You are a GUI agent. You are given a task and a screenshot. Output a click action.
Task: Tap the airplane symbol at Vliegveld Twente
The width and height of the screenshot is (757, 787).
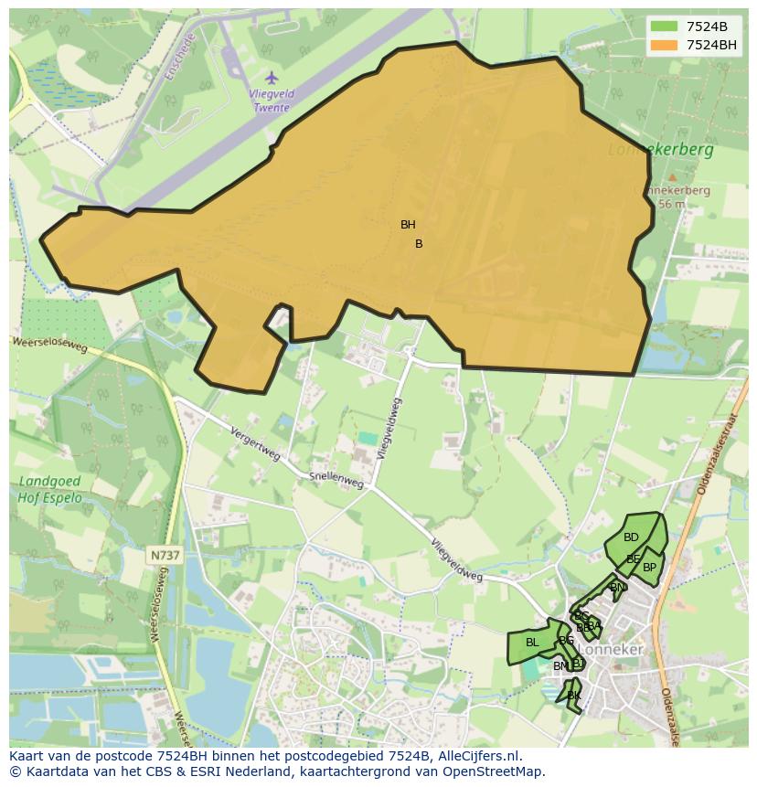pos(271,77)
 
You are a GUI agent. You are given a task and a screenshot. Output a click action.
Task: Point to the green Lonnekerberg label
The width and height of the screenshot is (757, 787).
pos(661,148)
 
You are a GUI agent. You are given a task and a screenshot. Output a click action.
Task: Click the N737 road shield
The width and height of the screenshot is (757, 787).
pos(165,555)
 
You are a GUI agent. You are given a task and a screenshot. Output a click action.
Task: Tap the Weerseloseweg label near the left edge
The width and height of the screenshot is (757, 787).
pos(49,345)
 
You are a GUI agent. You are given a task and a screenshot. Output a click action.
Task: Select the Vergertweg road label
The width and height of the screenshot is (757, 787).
pos(255,444)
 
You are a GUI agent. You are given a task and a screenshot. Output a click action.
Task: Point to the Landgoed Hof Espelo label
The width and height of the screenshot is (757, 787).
pos(49,490)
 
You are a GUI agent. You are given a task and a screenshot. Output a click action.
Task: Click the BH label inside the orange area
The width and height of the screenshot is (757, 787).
pos(408,225)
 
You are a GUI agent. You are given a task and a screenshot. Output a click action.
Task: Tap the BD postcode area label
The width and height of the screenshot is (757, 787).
pos(631,537)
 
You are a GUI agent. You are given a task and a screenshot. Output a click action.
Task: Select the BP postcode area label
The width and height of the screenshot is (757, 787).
pos(649,568)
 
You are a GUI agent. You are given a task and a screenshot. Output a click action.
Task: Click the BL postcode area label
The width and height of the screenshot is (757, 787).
pos(532,643)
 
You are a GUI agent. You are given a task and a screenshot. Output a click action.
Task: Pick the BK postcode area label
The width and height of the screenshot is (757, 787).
pos(574,696)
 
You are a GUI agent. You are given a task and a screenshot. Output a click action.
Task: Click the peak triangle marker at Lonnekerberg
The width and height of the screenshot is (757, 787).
pos(672,177)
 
